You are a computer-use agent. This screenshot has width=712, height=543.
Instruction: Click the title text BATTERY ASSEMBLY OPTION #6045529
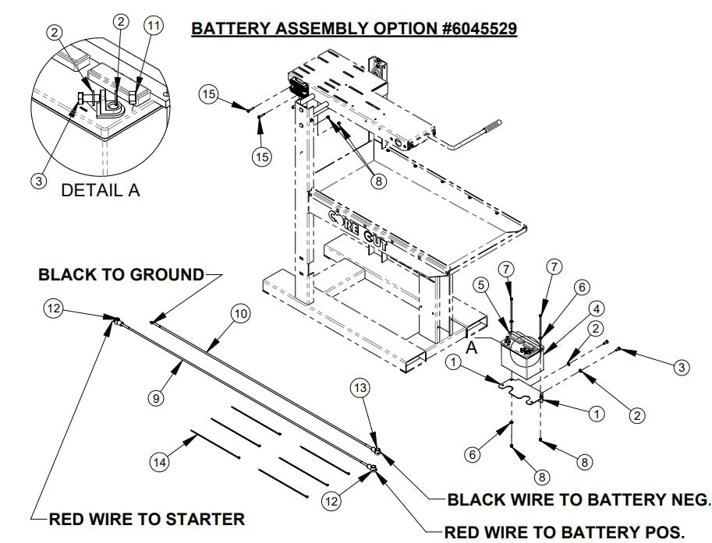pyautogui.click(x=354, y=28)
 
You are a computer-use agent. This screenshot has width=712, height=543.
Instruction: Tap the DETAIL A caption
pyautogui.click(x=100, y=190)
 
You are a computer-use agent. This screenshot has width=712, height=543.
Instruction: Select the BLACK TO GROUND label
pyautogui.click(x=120, y=275)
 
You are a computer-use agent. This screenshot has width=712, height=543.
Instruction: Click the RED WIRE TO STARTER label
pyautogui.click(x=147, y=518)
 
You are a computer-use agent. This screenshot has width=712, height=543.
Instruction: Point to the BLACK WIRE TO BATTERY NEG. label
pyautogui.click(x=579, y=499)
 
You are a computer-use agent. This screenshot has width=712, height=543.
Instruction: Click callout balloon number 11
pyautogui.click(x=154, y=25)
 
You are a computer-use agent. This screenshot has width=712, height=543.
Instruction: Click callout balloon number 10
pyautogui.click(x=239, y=313)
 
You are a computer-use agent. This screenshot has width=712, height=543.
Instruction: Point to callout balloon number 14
pyautogui.click(x=159, y=462)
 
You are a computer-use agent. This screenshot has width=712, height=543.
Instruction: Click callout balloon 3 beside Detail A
pyautogui.click(x=37, y=181)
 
